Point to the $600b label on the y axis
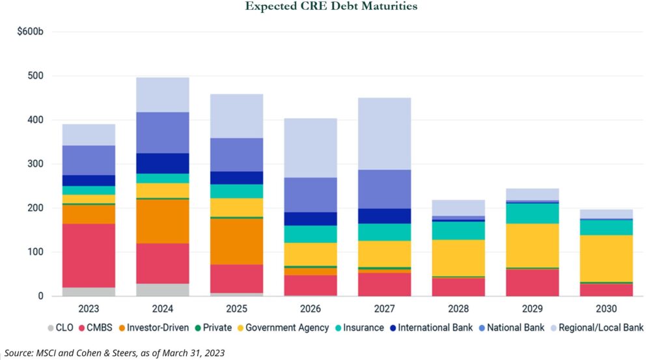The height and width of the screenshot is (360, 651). [30, 31]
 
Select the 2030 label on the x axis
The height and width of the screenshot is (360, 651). [606, 307]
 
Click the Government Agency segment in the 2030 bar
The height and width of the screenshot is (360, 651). [606, 258]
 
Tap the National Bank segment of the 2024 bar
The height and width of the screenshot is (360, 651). [163, 133]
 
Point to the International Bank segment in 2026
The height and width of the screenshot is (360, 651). [311, 219]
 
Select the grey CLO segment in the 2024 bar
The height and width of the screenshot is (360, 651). [163, 290]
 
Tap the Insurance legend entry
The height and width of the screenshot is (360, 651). [359, 327]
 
